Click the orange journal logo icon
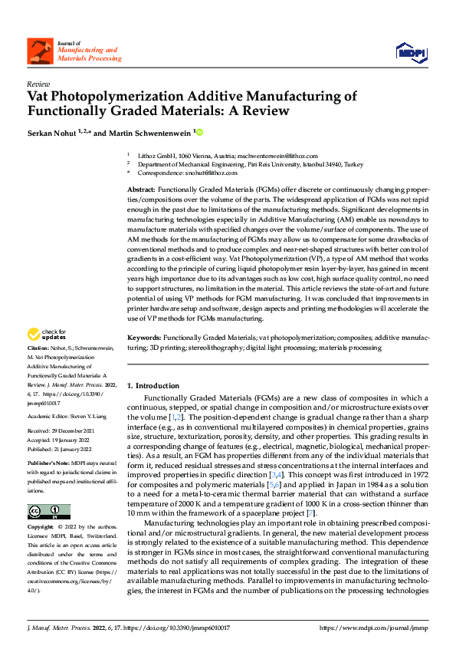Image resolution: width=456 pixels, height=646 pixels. [x=41, y=51]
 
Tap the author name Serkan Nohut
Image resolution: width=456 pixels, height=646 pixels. [x=51, y=133]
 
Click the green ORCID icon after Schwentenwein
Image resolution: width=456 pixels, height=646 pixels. [x=200, y=133]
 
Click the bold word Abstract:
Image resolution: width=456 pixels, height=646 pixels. [x=141, y=189]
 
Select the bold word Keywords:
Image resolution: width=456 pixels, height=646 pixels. [x=144, y=338]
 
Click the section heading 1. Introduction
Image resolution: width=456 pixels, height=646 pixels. [x=153, y=385]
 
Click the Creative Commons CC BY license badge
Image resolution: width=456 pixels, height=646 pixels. [x=48, y=513]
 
